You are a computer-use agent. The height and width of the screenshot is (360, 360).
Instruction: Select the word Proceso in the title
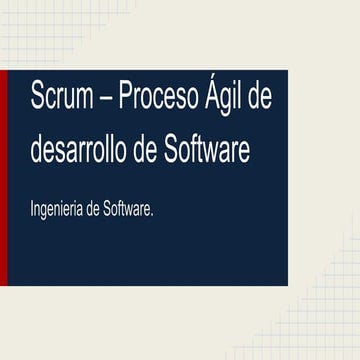(x=158, y=99)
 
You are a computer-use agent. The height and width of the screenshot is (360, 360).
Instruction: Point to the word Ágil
(x=224, y=99)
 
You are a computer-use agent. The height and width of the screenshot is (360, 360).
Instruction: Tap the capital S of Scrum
(x=37, y=99)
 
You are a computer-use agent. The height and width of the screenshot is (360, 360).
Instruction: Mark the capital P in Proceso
(x=126, y=99)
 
